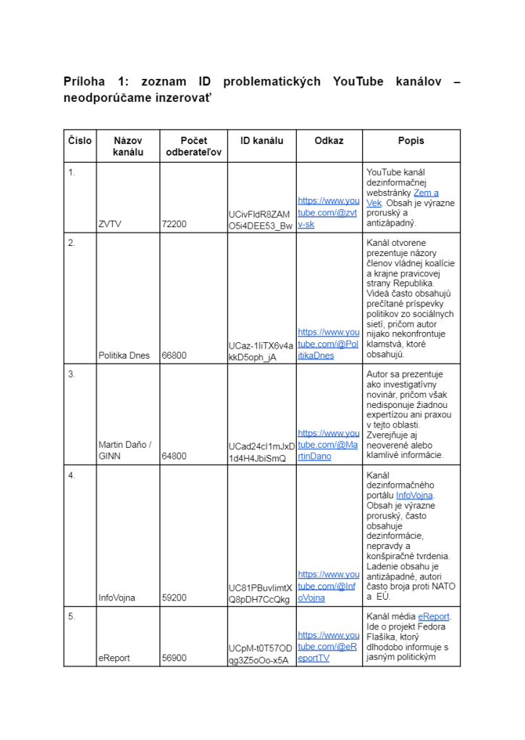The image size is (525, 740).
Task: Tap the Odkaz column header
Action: (x=329, y=140)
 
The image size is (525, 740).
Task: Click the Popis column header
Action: (x=411, y=140)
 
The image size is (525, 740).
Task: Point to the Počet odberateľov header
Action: (x=193, y=146)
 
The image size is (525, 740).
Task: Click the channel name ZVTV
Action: (x=110, y=224)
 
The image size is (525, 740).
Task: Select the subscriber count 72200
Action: (x=175, y=224)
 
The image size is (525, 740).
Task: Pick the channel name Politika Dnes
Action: (x=124, y=355)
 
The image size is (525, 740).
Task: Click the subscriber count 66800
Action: (x=175, y=355)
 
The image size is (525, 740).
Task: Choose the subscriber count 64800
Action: (x=175, y=456)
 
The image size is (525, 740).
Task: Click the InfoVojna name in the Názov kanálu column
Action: (x=117, y=597)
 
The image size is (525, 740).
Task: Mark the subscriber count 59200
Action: (x=175, y=597)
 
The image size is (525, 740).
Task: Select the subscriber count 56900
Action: (x=175, y=658)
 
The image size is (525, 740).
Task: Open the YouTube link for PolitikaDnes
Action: (x=329, y=344)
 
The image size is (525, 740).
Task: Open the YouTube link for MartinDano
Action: (x=329, y=445)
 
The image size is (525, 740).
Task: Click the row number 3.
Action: (x=72, y=374)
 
